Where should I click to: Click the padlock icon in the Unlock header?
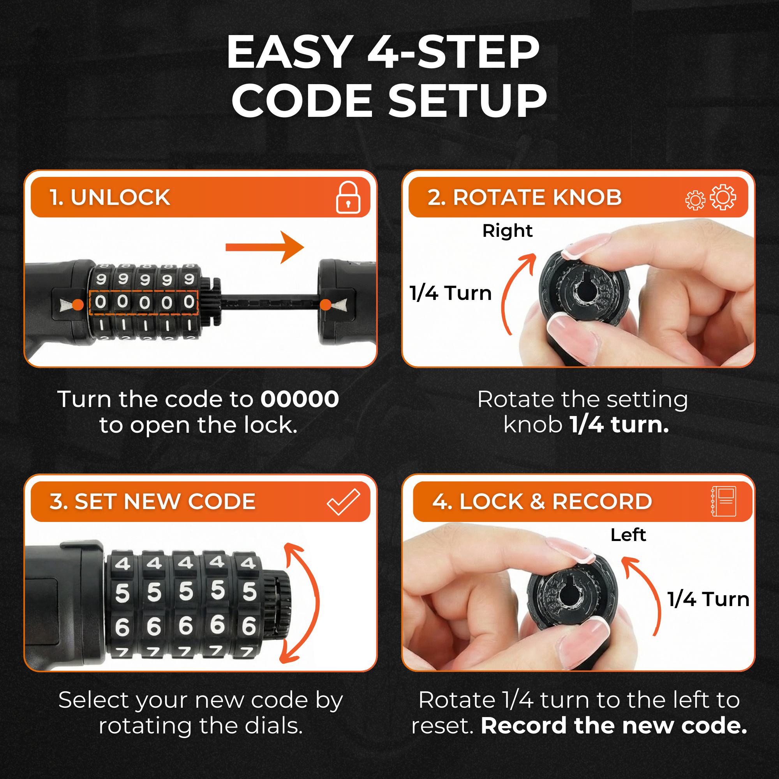(347, 197)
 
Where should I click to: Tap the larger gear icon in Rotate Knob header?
(723, 197)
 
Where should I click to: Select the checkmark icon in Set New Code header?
(343, 502)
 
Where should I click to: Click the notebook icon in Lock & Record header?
(724, 501)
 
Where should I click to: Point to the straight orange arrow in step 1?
(264, 247)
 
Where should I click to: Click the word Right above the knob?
(507, 231)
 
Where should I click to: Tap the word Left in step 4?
(628, 535)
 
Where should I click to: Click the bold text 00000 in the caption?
(299, 399)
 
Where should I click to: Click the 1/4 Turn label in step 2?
(450, 293)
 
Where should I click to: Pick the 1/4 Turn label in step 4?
(708, 599)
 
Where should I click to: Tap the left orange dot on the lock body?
(78, 305)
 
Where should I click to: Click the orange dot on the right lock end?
(325, 305)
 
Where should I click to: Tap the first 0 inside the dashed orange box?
(101, 302)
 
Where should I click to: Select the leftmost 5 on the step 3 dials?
(122, 593)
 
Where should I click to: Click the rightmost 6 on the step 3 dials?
(249, 626)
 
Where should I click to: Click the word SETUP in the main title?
(467, 101)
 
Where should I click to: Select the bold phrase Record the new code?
(614, 726)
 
